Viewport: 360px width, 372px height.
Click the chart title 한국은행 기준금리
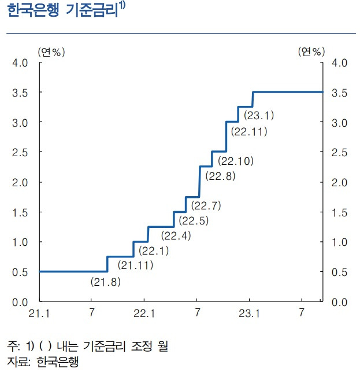click(61, 13)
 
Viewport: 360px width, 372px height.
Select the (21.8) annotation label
click(106, 282)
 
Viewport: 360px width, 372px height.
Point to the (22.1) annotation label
click(154, 251)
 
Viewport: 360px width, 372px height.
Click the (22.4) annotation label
click(176, 235)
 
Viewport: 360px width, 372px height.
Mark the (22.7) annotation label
click(205, 205)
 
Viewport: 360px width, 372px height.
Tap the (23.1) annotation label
click(259, 116)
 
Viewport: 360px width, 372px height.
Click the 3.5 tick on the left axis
click(20, 93)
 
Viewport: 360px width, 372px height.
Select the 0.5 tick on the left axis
click(20, 272)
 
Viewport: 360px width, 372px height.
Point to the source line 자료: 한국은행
click(42, 362)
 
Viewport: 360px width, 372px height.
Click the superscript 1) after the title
click(124, 8)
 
